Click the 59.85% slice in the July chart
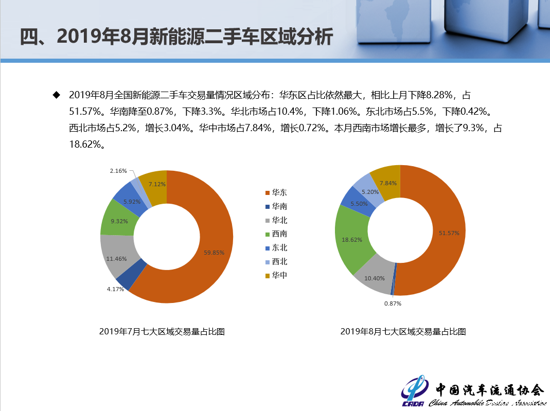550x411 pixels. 214,253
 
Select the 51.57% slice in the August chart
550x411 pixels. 449,233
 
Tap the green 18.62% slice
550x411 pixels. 352,240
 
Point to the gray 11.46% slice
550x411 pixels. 116,259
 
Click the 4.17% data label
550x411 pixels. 115,289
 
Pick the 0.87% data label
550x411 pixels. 393,303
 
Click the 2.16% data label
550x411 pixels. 118,171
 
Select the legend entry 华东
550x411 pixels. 276,192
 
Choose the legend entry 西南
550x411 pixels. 276,234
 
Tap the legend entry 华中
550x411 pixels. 276,275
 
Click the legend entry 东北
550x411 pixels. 276,248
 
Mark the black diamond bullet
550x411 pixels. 56,95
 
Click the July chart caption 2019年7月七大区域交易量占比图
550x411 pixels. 162,332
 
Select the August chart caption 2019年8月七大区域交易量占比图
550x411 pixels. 403,332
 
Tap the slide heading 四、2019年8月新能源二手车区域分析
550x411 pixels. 176,37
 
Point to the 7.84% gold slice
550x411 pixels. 387,183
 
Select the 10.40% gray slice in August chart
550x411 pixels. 374,278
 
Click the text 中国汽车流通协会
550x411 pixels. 490,390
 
